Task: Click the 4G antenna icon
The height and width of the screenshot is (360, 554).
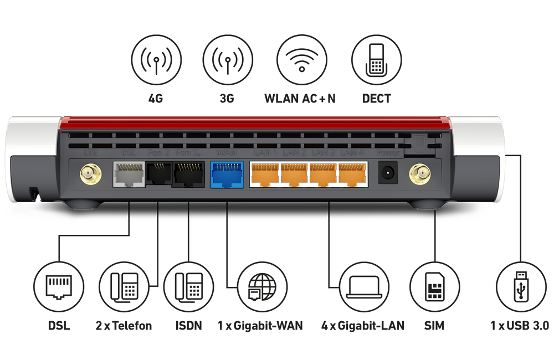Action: tap(156, 59)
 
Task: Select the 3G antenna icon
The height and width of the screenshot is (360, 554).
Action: tap(228, 59)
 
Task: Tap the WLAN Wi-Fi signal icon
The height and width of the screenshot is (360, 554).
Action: tap(301, 59)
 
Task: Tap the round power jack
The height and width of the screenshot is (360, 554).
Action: tap(388, 174)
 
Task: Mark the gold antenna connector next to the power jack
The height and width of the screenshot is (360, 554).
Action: tap(420, 176)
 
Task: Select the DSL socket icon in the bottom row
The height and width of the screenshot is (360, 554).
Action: tap(58, 287)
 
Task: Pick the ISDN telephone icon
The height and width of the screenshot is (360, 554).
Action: tap(188, 287)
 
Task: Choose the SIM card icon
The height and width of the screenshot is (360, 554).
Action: tap(435, 287)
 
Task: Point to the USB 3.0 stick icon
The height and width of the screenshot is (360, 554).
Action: tap(521, 287)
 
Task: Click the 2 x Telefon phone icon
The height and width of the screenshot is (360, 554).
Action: tap(124, 287)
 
